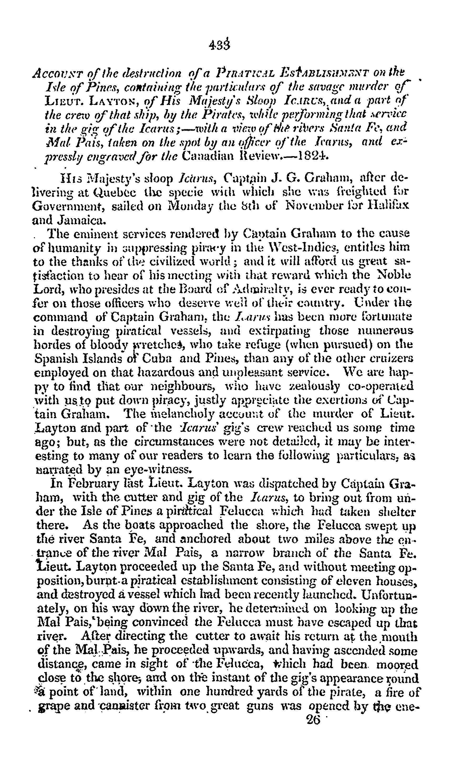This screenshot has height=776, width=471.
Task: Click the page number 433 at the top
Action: [x=219, y=45]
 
